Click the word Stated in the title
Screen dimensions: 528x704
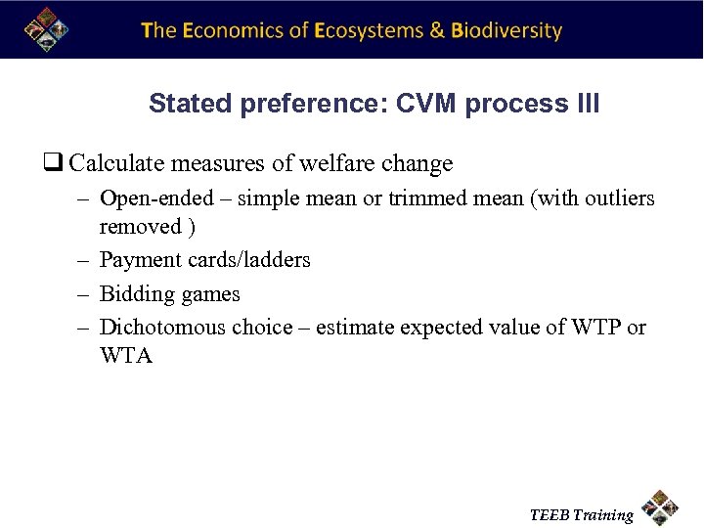click(x=180, y=104)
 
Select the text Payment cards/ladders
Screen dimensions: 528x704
click(x=204, y=260)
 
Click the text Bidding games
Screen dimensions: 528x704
click(x=169, y=294)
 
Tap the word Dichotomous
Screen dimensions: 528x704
click(x=162, y=327)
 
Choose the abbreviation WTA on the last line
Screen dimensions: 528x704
click(x=126, y=356)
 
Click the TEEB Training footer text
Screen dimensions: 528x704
click(x=581, y=514)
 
